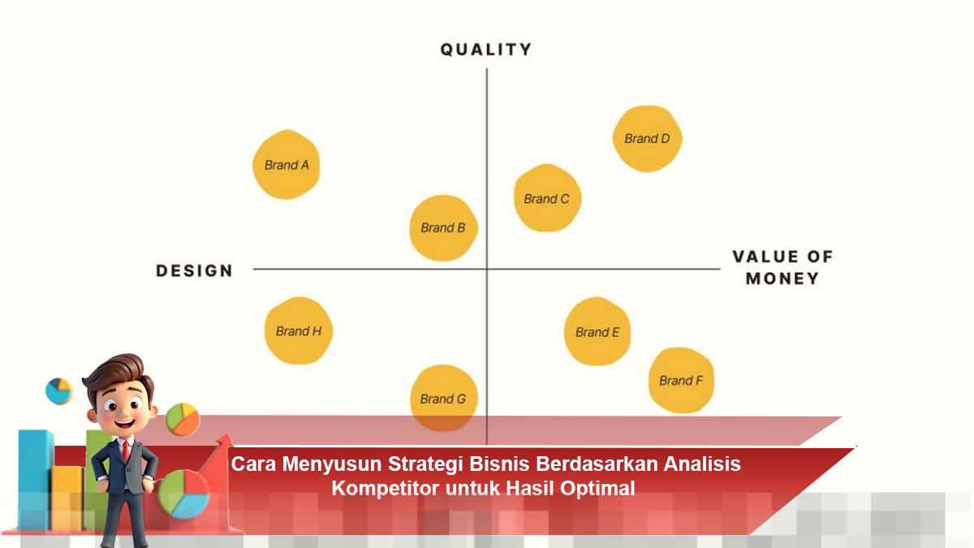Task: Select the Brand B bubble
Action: [x=444, y=228]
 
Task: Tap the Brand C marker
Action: [x=548, y=198]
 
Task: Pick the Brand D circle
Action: [x=648, y=139]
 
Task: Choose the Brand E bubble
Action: [x=598, y=331]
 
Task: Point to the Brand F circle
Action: [x=681, y=381]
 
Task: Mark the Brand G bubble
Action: [x=444, y=398]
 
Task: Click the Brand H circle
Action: [x=300, y=330]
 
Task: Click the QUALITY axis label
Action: [x=486, y=50]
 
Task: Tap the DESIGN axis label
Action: [x=194, y=270]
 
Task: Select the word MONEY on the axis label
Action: [x=782, y=278]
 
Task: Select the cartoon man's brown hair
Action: [x=118, y=374]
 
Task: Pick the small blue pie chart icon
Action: [x=58, y=391]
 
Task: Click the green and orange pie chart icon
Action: [x=183, y=419]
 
